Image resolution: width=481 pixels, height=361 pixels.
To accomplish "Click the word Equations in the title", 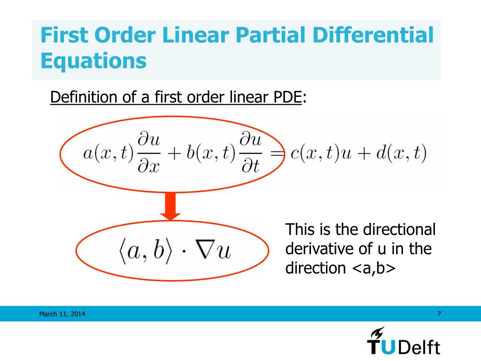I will tap(93, 61).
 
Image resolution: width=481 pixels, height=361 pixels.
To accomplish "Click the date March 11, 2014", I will tap(62, 314).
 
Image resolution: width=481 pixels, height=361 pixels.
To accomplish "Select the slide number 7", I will tap(439, 314).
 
